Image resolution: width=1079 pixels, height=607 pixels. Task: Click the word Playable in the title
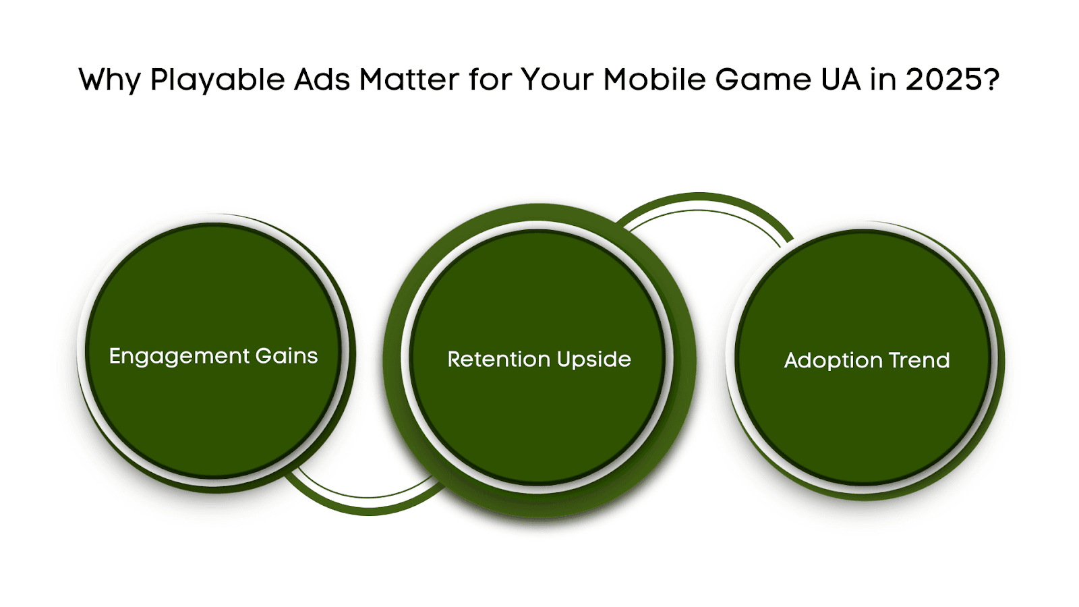pyautogui.click(x=218, y=80)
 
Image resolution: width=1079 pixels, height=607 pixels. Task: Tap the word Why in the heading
pyautogui.click(x=109, y=80)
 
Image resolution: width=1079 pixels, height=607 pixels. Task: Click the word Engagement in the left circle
pyautogui.click(x=179, y=357)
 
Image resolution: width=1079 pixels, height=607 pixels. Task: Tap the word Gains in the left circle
pyautogui.click(x=287, y=356)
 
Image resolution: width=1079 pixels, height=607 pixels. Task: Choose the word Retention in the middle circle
pyautogui.click(x=498, y=359)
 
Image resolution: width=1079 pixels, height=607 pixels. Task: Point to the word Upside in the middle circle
pyautogui.click(x=593, y=360)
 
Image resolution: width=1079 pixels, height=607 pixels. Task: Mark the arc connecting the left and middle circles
pyautogui.click(x=368, y=506)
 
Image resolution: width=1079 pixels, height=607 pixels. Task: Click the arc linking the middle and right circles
pyautogui.click(x=699, y=202)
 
